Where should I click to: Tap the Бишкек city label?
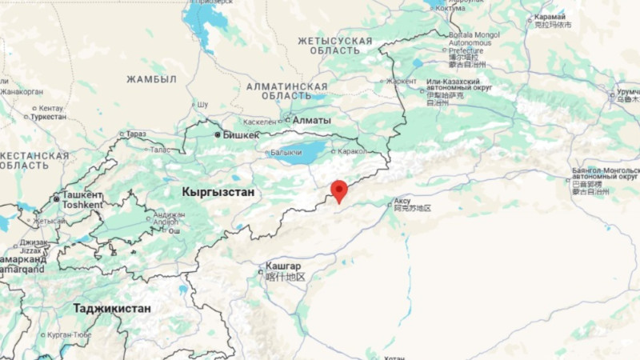click(241, 135)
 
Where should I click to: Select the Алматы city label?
click(311, 120)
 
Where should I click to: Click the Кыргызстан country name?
click(218, 192)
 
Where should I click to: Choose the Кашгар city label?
click(284, 266)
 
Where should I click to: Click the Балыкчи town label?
click(287, 152)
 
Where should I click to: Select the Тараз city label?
click(136, 134)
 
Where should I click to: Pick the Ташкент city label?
click(82, 194)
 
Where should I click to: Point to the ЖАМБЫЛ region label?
click(151, 79)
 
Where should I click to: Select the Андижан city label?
click(170, 214)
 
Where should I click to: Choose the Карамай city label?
click(550, 16)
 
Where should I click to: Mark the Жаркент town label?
click(402, 81)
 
